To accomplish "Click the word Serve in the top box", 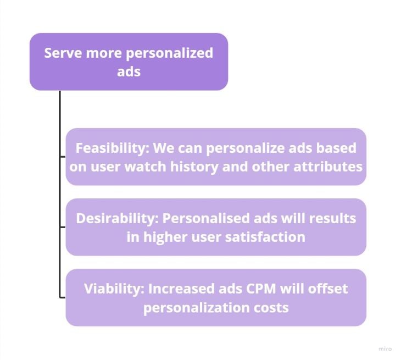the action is click(x=63, y=53).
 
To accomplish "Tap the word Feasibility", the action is click(x=112, y=148).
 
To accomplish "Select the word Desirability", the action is click(x=117, y=219).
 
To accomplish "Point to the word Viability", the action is click(x=114, y=289).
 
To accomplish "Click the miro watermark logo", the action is click(x=385, y=349).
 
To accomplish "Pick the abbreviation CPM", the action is click(x=261, y=289).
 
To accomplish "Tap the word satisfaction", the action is click(x=265, y=237).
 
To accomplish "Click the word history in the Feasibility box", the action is click(x=194, y=167).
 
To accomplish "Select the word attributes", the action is click(x=328, y=167).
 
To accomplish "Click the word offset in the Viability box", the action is click(x=328, y=289).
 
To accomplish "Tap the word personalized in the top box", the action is click(x=170, y=53).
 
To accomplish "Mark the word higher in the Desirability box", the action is click(x=165, y=237).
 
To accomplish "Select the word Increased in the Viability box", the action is click(x=181, y=289).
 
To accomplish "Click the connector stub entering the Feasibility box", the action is click(x=63, y=156).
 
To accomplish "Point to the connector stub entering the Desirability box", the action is click(x=63, y=226).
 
